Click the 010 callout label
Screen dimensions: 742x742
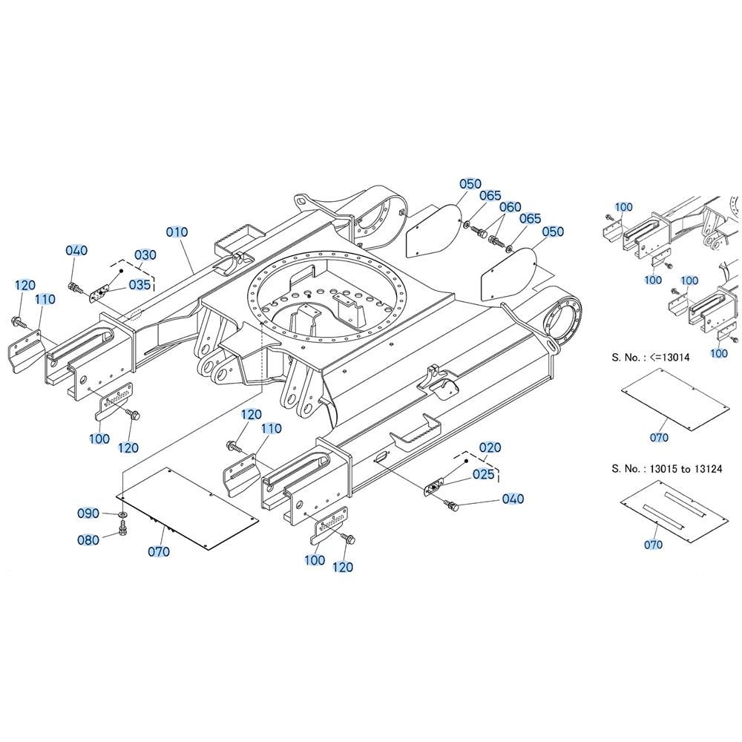pos(177,232)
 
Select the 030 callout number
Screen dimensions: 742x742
pos(145,255)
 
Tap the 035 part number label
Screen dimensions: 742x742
pos(139,284)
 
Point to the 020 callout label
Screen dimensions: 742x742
pos(490,447)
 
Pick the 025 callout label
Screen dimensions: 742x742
pos(484,474)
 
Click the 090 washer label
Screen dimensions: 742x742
pos(88,513)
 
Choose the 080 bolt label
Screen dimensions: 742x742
pos(88,540)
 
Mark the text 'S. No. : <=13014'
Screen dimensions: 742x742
pos(650,358)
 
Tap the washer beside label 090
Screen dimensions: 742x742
pos(122,514)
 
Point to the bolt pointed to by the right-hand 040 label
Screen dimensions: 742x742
pos(451,505)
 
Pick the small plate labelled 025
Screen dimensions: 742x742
pos(433,487)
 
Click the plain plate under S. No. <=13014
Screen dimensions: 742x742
pos(675,400)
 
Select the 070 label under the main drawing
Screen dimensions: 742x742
pos(159,552)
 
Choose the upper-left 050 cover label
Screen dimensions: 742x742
pos(470,184)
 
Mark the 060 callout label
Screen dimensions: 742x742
pos(510,207)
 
